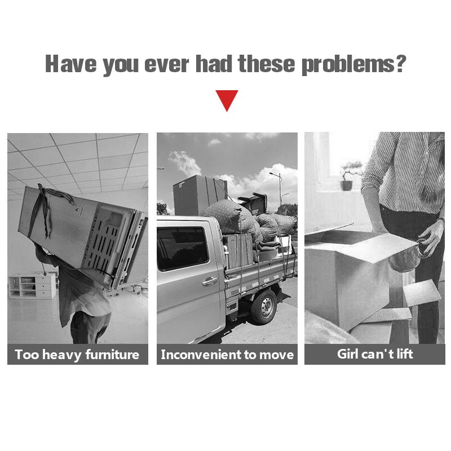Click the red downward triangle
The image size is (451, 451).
pyautogui.click(x=227, y=100)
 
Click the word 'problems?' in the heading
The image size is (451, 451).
pyautogui.click(x=353, y=65)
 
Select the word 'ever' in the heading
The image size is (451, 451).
pyautogui.click(x=167, y=65)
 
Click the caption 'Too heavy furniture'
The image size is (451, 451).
pyautogui.click(x=77, y=355)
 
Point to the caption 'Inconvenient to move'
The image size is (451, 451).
pyautogui.click(x=227, y=355)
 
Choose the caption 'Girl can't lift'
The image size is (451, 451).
pyautogui.click(x=375, y=354)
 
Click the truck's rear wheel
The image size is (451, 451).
pyautogui.click(x=264, y=307)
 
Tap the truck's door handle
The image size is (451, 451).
pyautogui.click(x=209, y=281)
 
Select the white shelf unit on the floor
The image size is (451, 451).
pyautogui.click(x=32, y=286)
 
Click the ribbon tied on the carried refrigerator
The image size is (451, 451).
pyautogui.click(x=46, y=207)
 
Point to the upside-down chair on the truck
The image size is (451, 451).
pyautogui.click(x=253, y=204)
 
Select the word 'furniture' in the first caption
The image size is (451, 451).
pyautogui.click(x=112, y=354)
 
